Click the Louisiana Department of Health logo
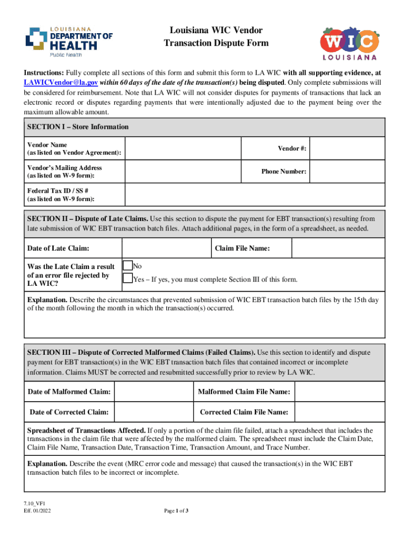(69, 41)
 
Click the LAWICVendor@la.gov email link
(60, 83)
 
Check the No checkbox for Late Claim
(127, 266)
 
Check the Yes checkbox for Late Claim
(127, 278)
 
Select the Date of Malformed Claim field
(153, 392)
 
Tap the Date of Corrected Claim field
(153, 412)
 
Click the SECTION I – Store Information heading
(78, 127)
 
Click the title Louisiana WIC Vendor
(216, 31)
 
